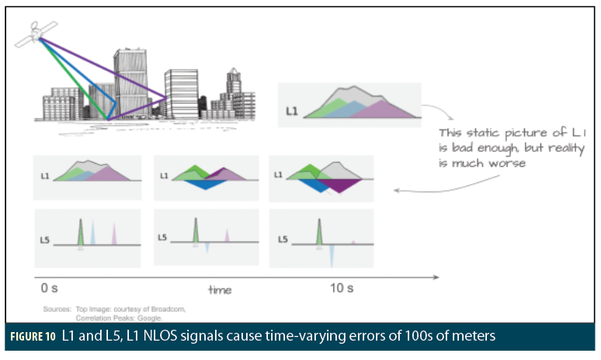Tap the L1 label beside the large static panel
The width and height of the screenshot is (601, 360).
[x=291, y=111]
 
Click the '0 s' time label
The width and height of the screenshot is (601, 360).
[x=49, y=288]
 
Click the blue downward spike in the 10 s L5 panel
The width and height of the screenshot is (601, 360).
[x=332, y=254]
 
